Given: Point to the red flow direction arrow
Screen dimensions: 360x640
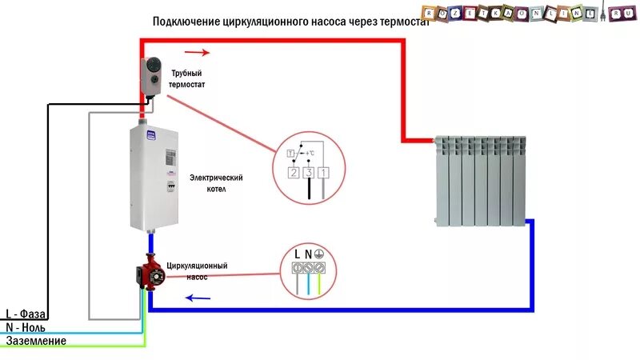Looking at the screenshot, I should [x=200, y=54].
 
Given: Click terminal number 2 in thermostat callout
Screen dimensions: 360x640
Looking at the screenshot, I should [x=294, y=172].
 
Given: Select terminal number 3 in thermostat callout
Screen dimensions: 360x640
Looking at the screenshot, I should [x=308, y=172].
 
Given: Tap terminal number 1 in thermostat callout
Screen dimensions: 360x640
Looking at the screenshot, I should [x=322, y=172].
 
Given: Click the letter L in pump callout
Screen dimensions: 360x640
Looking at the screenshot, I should [x=298, y=254].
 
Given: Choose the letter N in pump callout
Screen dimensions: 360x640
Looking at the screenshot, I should [x=308, y=254].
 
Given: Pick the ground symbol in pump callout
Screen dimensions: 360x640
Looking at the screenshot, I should [x=318, y=254].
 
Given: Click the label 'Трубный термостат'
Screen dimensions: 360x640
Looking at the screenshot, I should [x=193, y=78].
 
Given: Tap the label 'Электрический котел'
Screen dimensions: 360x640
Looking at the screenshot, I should [x=216, y=183].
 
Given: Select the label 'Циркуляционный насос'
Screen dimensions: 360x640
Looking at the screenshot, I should [x=198, y=270].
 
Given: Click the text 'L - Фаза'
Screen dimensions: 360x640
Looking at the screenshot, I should [x=25, y=314].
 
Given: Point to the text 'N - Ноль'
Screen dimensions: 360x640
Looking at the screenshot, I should [x=26, y=327].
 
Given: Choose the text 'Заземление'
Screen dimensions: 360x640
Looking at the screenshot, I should [x=36, y=341].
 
